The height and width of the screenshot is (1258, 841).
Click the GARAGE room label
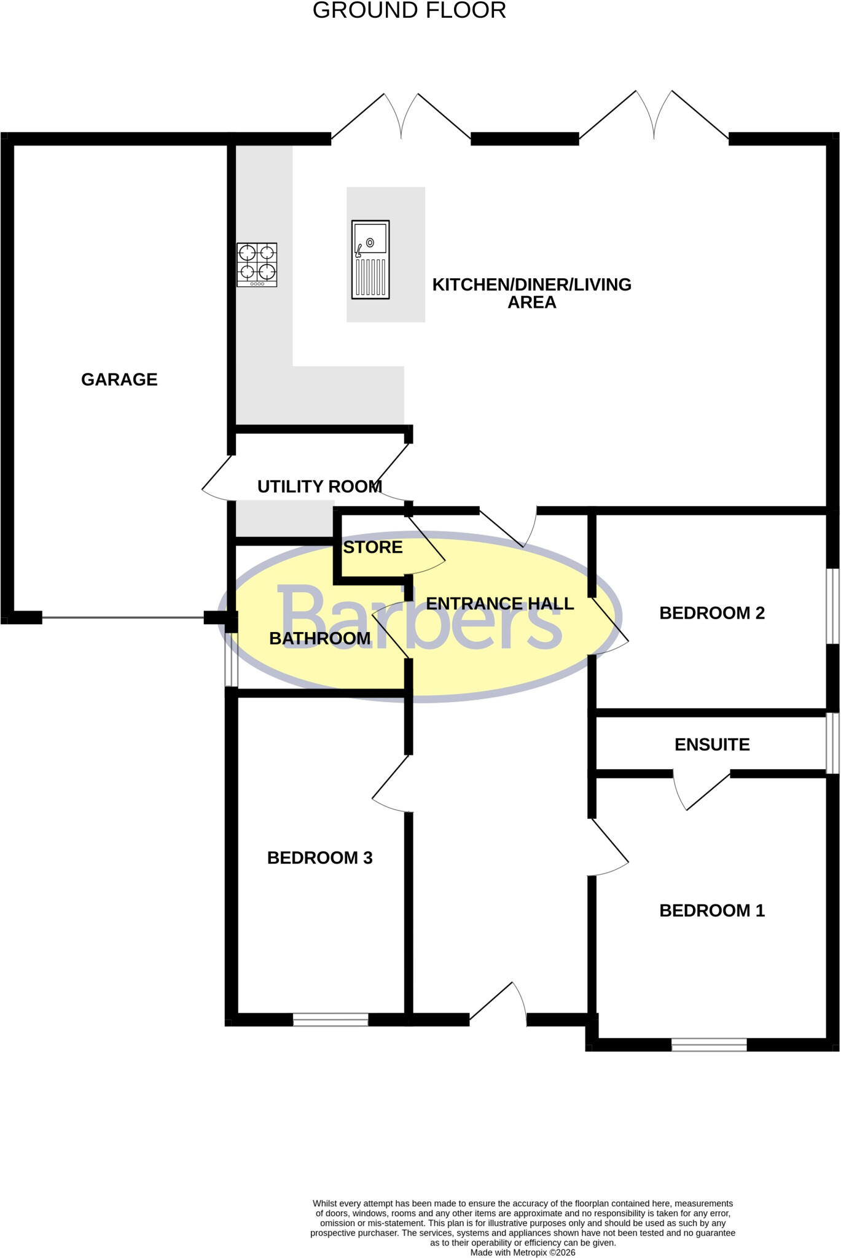119,380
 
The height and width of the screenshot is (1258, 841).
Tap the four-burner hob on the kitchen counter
257,265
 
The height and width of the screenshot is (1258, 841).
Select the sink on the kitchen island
370,260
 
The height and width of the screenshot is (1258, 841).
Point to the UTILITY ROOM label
319,486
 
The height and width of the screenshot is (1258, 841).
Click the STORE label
373,547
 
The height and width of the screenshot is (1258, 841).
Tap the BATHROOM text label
320,639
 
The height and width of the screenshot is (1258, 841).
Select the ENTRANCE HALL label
500,604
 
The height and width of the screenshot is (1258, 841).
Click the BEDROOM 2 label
712,613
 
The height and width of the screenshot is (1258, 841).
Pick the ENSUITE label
712,744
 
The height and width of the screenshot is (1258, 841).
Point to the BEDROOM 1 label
712,910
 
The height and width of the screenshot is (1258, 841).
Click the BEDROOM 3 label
320,858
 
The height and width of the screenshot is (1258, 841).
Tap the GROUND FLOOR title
410,10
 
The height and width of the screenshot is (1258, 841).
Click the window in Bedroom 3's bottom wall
331,1020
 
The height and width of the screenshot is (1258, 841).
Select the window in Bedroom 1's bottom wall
709,1044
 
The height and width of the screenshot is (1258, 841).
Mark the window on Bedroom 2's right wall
832,606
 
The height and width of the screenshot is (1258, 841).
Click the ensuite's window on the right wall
832,743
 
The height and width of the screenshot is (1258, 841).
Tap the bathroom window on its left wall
231,660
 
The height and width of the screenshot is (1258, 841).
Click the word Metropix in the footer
529,1252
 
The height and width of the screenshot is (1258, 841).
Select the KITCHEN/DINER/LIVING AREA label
532,294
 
